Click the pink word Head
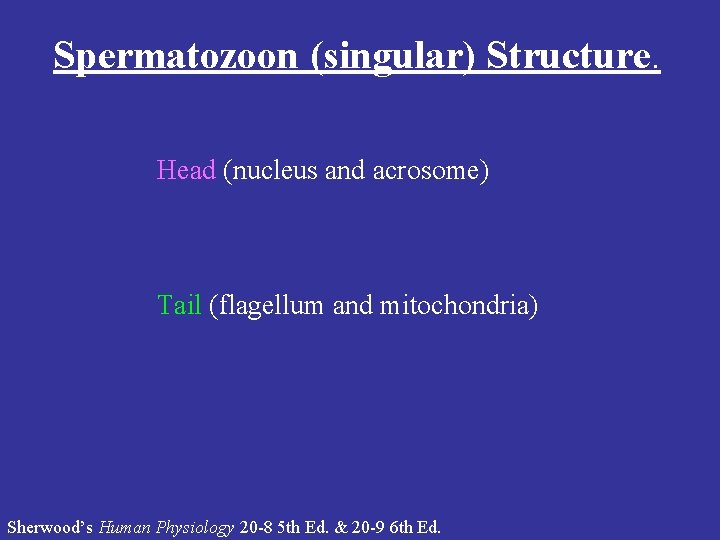coord(186,170)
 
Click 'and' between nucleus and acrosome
coord(346,171)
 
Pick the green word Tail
coord(179,305)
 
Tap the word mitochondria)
coord(458,305)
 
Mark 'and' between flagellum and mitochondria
coord(352,305)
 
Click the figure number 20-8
coord(257,526)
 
